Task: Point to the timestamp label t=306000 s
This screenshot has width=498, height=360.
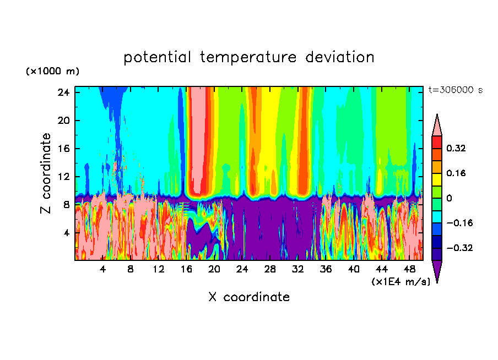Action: pos(455,90)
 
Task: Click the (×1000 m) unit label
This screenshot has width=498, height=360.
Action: pos(52,72)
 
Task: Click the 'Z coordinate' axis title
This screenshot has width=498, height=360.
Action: pos(46,173)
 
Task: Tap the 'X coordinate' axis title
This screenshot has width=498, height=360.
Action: pos(249,297)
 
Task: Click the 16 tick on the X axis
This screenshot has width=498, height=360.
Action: pos(186,269)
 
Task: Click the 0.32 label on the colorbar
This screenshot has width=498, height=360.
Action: pos(457,148)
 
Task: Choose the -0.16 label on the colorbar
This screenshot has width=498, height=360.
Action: pos(455,223)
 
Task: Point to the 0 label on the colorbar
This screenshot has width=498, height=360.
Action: pos(450,198)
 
